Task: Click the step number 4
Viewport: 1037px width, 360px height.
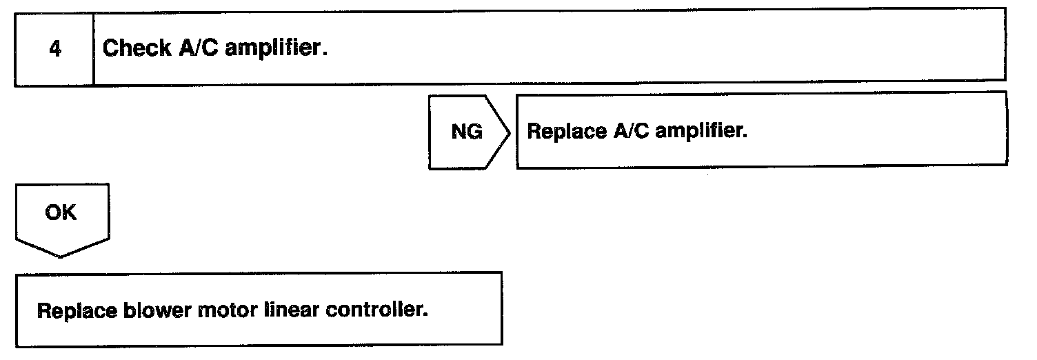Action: (x=54, y=49)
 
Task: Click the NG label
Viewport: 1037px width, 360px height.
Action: (x=467, y=132)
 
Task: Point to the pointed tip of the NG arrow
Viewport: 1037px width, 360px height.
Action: (x=510, y=132)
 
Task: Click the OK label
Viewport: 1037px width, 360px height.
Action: (x=61, y=213)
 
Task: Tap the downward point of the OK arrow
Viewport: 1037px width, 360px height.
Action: (x=61, y=256)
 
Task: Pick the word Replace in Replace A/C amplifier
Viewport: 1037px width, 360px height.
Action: (x=565, y=131)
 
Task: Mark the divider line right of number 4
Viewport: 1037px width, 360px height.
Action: (x=93, y=49)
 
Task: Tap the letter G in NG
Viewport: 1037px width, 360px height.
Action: (x=475, y=132)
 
